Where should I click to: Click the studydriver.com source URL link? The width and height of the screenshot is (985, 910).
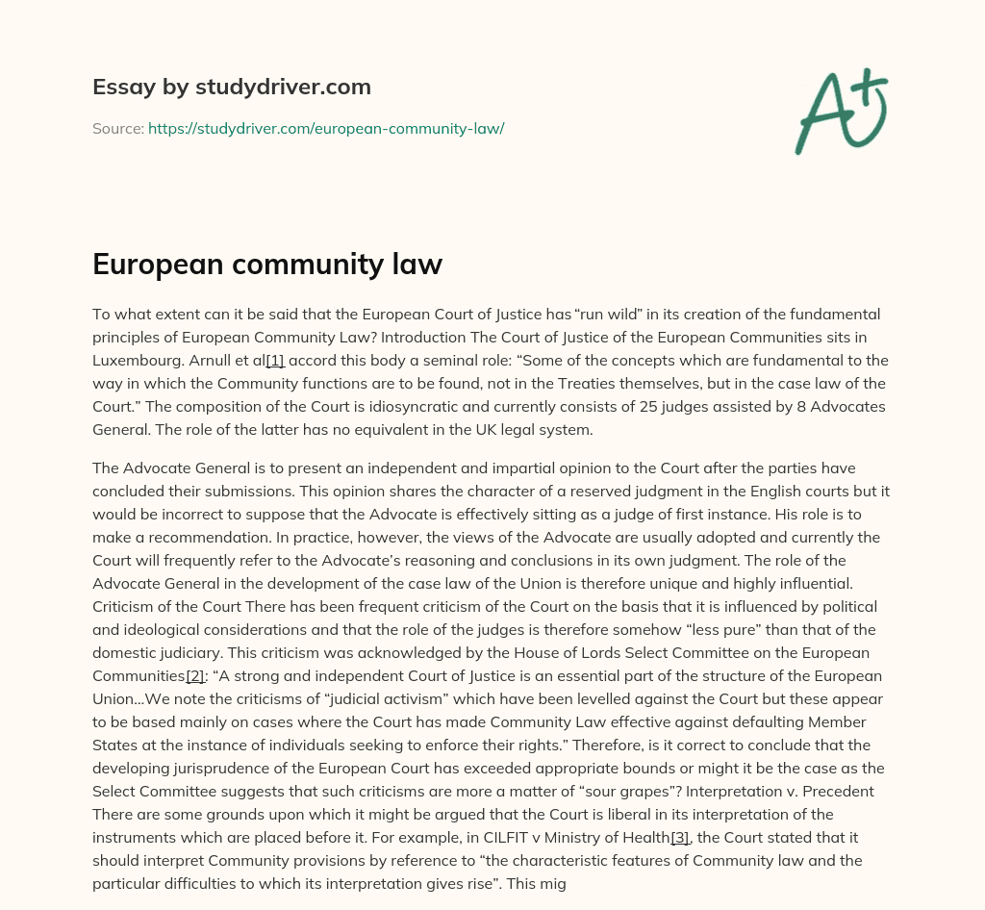pyautogui.click(x=326, y=128)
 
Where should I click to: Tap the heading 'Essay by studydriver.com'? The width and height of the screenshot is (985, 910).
pyautogui.click(x=232, y=87)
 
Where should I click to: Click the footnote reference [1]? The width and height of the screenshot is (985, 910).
pyautogui.click(x=274, y=361)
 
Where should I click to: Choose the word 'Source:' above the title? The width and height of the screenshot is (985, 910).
pyautogui.click(x=117, y=128)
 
